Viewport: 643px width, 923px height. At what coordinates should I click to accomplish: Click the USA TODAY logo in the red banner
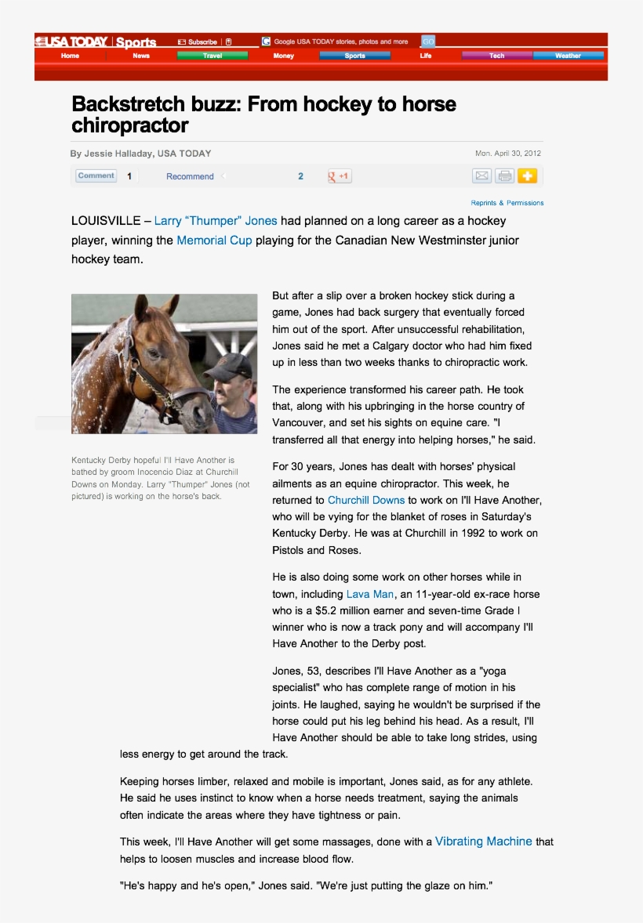pyautogui.click(x=71, y=42)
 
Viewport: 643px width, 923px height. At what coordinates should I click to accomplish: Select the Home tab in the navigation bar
pyautogui.click(x=70, y=56)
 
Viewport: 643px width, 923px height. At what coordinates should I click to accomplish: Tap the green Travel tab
pyautogui.click(x=212, y=56)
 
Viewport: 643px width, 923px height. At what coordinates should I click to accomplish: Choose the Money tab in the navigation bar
pyautogui.click(x=284, y=56)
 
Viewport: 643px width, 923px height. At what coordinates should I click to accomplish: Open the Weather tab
pyautogui.click(x=568, y=56)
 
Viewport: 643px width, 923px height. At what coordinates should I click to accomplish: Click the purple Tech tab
pyautogui.click(x=497, y=56)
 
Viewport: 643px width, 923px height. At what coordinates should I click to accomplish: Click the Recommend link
pyautogui.click(x=190, y=176)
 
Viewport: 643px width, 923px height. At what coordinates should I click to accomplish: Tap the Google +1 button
pyautogui.click(x=340, y=176)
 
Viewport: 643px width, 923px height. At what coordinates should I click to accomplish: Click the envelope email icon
pyautogui.click(x=481, y=176)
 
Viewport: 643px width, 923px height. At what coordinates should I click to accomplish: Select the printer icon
pyautogui.click(x=504, y=176)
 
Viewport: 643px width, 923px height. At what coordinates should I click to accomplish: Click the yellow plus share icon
pyautogui.click(x=527, y=176)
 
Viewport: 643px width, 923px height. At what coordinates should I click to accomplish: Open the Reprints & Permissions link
pyautogui.click(x=507, y=203)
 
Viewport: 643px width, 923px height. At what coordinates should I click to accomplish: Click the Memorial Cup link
pyautogui.click(x=214, y=241)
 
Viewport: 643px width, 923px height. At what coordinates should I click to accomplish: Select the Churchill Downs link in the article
pyautogui.click(x=366, y=500)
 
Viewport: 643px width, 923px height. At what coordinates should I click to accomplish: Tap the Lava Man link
pyautogui.click(x=370, y=594)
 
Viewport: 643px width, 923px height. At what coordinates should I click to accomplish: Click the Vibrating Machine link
pyautogui.click(x=483, y=842)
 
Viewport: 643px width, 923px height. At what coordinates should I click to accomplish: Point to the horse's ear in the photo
pyautogui.click(x=142, y=307)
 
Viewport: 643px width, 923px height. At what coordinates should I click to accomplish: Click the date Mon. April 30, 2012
pyautogui.click(x=507, y=154)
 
